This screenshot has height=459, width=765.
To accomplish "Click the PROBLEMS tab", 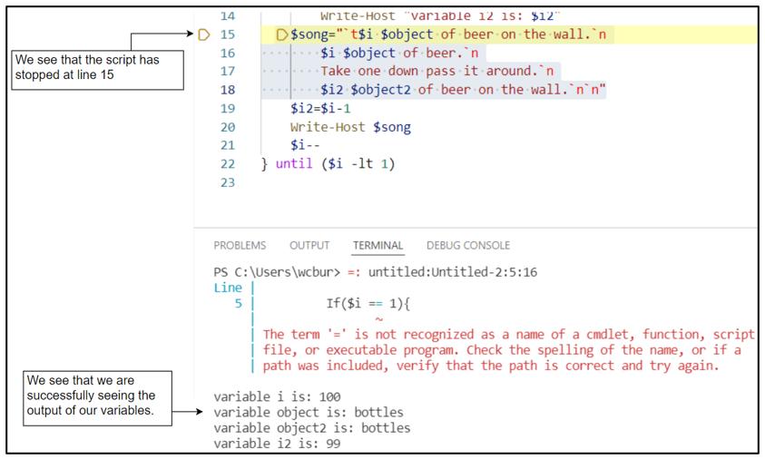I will pyautogui.click(x=240, y=245).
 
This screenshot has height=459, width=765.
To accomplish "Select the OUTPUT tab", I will pyautogui.click(x=309, y=245).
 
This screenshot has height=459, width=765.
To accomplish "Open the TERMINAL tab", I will pyautogui.click(x=378, y=245).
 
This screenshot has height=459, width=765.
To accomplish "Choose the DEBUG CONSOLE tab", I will pyautogui.click(x=467, y=245).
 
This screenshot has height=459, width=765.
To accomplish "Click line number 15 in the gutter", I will pyautogui.click(x=228, y=34).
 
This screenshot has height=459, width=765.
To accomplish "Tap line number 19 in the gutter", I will pyautogui.click(x=228, y=108).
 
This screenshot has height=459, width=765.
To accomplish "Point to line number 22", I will pyautogui.click(x=228, y=164).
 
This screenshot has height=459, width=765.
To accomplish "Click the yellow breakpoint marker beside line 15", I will pyautogui.click(x=203, y=34).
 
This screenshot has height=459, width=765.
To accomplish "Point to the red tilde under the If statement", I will pyautogui.click(x=378, y=317).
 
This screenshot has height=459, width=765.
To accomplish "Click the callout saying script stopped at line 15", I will pyautogui.click(x=91, y=66).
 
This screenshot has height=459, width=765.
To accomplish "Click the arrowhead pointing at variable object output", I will pyautogui.click(x=192, y=412).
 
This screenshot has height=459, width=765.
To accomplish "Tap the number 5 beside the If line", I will pyautogui.click(x=238, y=303).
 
